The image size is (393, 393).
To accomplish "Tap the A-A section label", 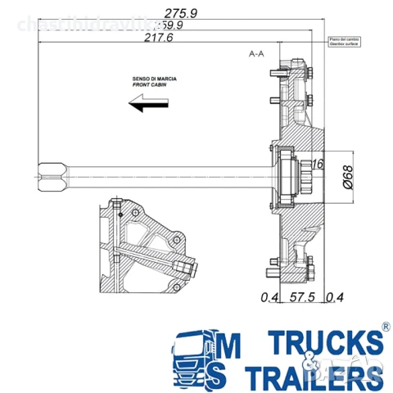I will pyautogui.click(x=256, y=53).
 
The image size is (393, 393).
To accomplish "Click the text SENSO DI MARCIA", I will pyautogui.click(x=154, y=79).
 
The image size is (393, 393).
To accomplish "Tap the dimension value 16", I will pyautogui.click(x=317, y=165).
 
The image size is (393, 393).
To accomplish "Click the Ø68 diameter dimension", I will pyautogui.click(x=346, y=174).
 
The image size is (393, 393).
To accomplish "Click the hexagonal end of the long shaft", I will pyautogui.click(x=51, y=174).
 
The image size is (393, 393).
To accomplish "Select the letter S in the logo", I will pyautogui.click(x=226, y=375).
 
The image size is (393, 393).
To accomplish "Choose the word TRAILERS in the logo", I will pyautogui.click(x=312, y=377).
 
